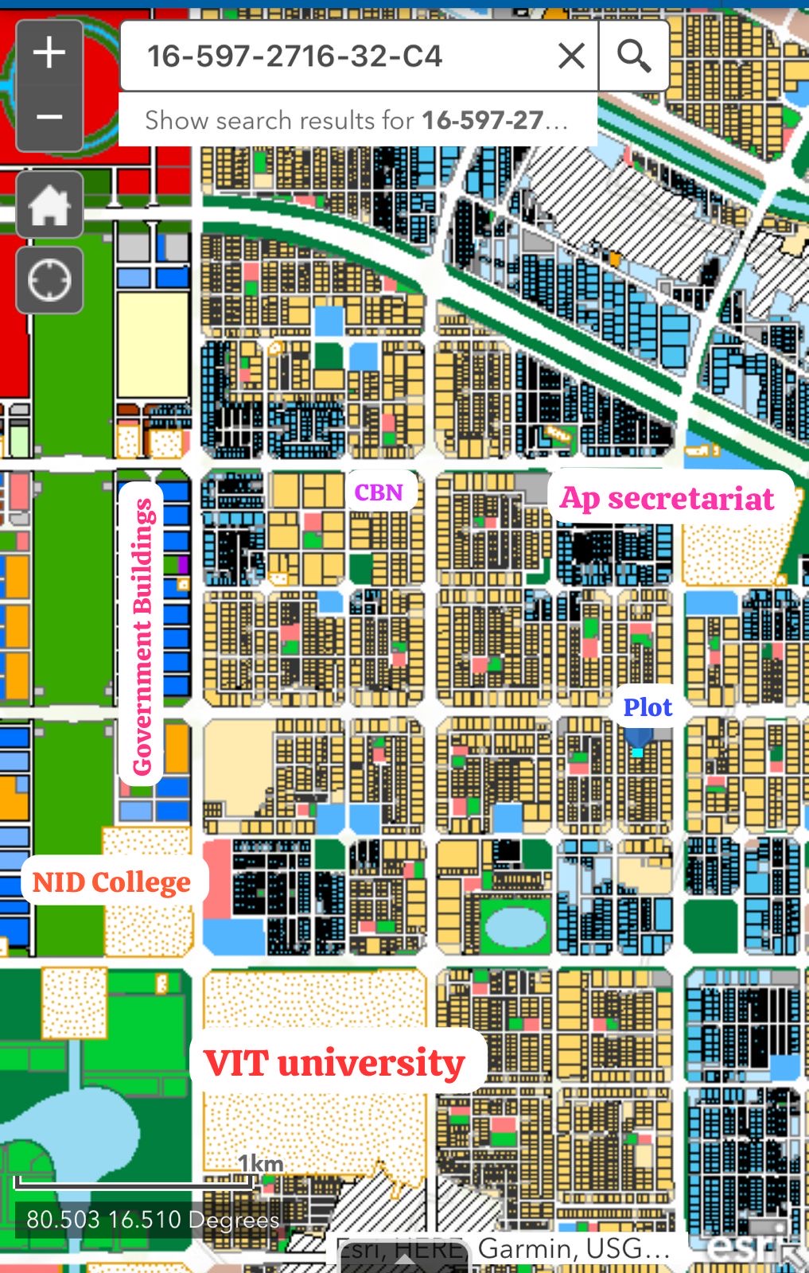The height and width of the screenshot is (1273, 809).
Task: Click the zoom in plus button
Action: coord(49,53)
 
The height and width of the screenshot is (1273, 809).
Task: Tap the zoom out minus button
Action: coord(49,118)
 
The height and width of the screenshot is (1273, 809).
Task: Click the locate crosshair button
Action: coord(49,280)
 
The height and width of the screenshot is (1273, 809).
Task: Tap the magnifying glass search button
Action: coord(633,56)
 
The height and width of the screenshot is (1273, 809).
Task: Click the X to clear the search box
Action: coord(571,56)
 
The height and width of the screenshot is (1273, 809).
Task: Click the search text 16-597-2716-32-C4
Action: coord(294,56)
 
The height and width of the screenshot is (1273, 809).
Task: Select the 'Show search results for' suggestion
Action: coord(356,120)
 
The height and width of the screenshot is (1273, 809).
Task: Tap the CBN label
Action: coord(379,492)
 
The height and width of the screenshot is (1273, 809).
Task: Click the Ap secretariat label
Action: coord(667,498)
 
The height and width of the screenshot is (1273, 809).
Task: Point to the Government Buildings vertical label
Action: coord(142,636)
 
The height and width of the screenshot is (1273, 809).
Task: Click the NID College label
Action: coord(111,882)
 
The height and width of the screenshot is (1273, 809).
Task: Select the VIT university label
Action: coord(334,1062)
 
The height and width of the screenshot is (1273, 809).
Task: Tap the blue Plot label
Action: coord(648,707)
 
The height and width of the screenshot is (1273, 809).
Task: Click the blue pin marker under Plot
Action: coord(638,744)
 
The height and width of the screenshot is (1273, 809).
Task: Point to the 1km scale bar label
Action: coord(261,1164)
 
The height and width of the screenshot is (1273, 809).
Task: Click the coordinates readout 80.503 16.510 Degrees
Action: coord(153,1220)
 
